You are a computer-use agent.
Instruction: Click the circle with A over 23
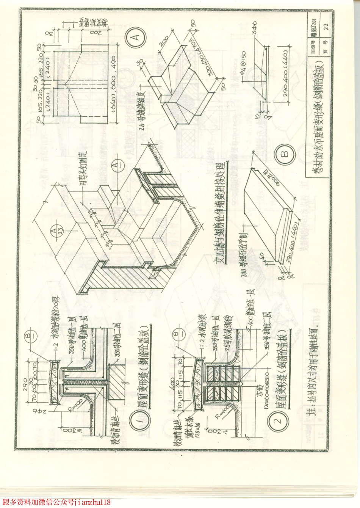pyautogui.click(x=54, y=230)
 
